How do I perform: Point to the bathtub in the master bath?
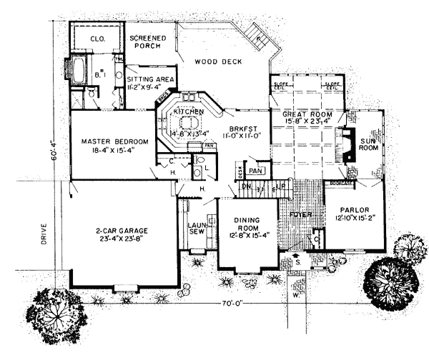coord(77,72)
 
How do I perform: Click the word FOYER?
coord(292,214)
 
